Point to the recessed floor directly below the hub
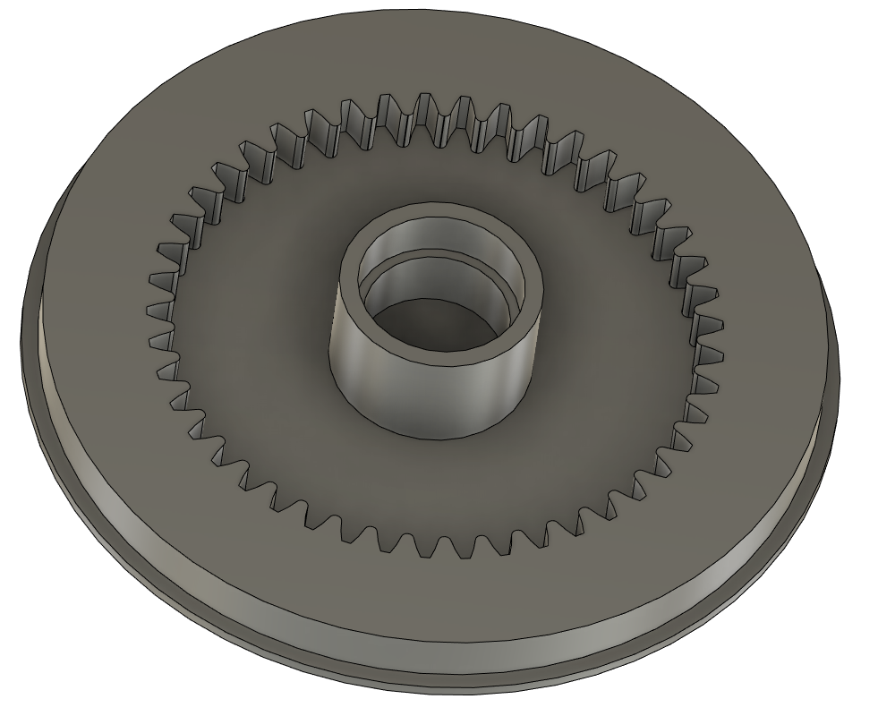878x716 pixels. tap(430, 483)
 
